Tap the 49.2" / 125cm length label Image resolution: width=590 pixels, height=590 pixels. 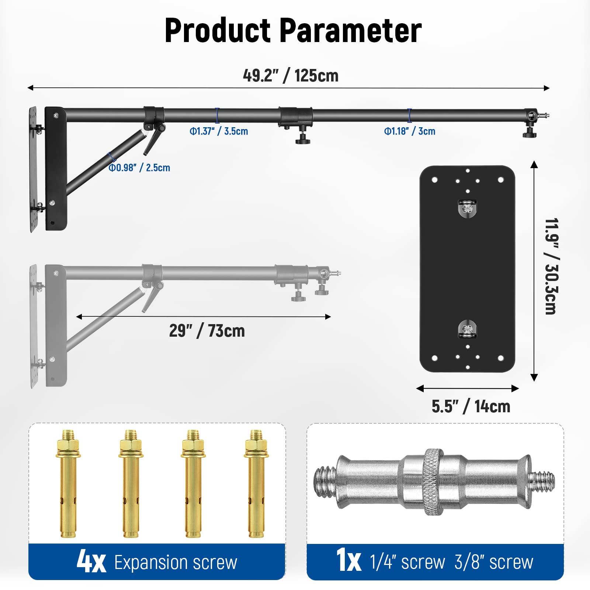click(x=291, y=76)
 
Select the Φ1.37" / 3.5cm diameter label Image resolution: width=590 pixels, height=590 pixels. click(x=219, y=131)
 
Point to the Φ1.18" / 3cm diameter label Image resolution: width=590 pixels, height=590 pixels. click(x=410, y=131)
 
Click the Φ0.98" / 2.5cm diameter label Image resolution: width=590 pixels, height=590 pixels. click(x=139, y=168)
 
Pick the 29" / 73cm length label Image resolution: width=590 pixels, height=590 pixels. click(x=207, y=331)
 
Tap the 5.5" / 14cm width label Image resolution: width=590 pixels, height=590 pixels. click(x=471, y=406)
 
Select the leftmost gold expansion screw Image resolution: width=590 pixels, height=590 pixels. click(x=68, y=483)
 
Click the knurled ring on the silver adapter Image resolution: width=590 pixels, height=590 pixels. click(x=433, y=482)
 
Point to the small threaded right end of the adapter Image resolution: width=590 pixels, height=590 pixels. click(x=543, y=482)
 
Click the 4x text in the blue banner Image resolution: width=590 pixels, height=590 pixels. click(x=91, y=562)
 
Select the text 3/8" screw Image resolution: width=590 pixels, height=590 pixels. click(x=494, y=562)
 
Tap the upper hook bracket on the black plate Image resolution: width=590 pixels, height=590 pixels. click(x=467, y=208)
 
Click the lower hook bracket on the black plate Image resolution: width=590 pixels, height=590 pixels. click(x=467, y=329)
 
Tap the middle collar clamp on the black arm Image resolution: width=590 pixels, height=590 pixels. click(x=295, y=116)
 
